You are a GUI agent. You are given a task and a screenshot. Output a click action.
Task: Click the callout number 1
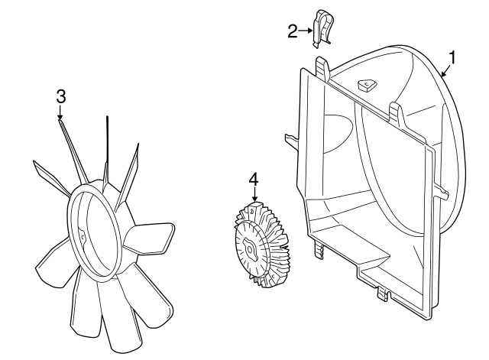pyautogui.click(x=452, y=57)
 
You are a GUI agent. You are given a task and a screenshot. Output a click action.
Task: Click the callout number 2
pyautogui.click(x=292, y=31)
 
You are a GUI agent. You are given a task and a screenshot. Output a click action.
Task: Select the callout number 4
pyautogui.click(x=254, y=180)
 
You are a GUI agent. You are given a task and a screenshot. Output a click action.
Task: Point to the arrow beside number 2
pyautogui.click(x=305, y=31)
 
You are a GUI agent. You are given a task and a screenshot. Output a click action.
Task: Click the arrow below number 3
pyautogui.click(x=60, y=112)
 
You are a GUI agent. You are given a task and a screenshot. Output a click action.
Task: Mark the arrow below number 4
pyautogui.click(x=254, y=195)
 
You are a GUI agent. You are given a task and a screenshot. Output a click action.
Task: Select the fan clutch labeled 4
pyautogui.click(x=261, y=245)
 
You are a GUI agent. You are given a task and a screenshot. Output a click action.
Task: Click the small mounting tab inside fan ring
pyautogui.click(x=83, y=236)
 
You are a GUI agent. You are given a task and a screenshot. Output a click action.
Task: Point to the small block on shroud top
pyautogui.click(x=367, y=85)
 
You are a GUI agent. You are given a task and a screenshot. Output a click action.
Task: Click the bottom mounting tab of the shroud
pyautogui.click(x=384, y=294)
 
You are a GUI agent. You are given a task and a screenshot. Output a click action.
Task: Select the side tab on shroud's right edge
pyautogui.click(x=441, y=191)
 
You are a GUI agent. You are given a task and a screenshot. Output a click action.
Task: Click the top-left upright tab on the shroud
pyautogui.click(x=322, y=68)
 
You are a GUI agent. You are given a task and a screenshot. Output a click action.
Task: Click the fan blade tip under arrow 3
pyautogui.click(x=60, y=122)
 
